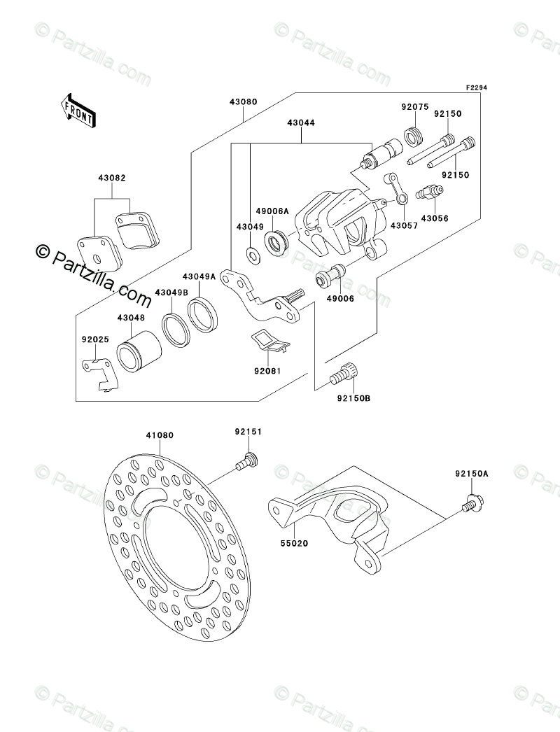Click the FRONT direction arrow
tap(78, 111)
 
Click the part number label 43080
tap(243, 101)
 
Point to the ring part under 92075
tap(414, 136)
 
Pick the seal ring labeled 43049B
tap(176, 330)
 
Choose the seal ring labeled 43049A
tap(203, 315)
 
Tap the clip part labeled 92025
tap(100, 374)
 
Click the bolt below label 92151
tap(246, 460)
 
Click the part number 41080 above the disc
tap(160, 435)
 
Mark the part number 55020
tap(294, 543)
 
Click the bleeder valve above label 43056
tap(429, 192)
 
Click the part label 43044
tap(301, 122)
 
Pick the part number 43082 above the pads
tap(111, 178)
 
